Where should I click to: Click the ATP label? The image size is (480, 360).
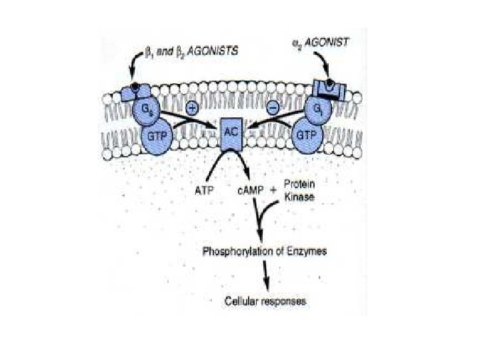coord(202,191)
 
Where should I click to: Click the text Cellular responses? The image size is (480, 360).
coord(265,301)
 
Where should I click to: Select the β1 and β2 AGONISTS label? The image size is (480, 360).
coord(189,51)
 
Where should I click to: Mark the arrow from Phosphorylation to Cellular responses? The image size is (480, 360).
coord(267,275)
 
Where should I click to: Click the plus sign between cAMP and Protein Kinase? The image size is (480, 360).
coord(273,191)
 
